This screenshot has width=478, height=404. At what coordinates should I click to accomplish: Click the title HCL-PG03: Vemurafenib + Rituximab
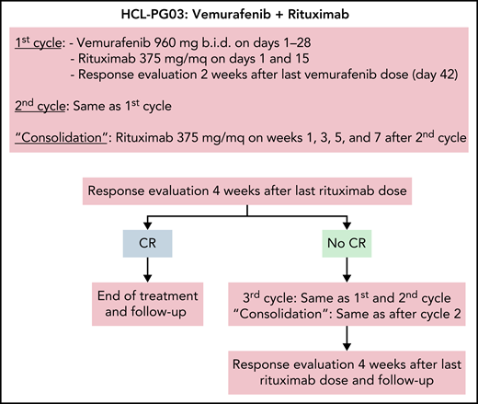point(239,13)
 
